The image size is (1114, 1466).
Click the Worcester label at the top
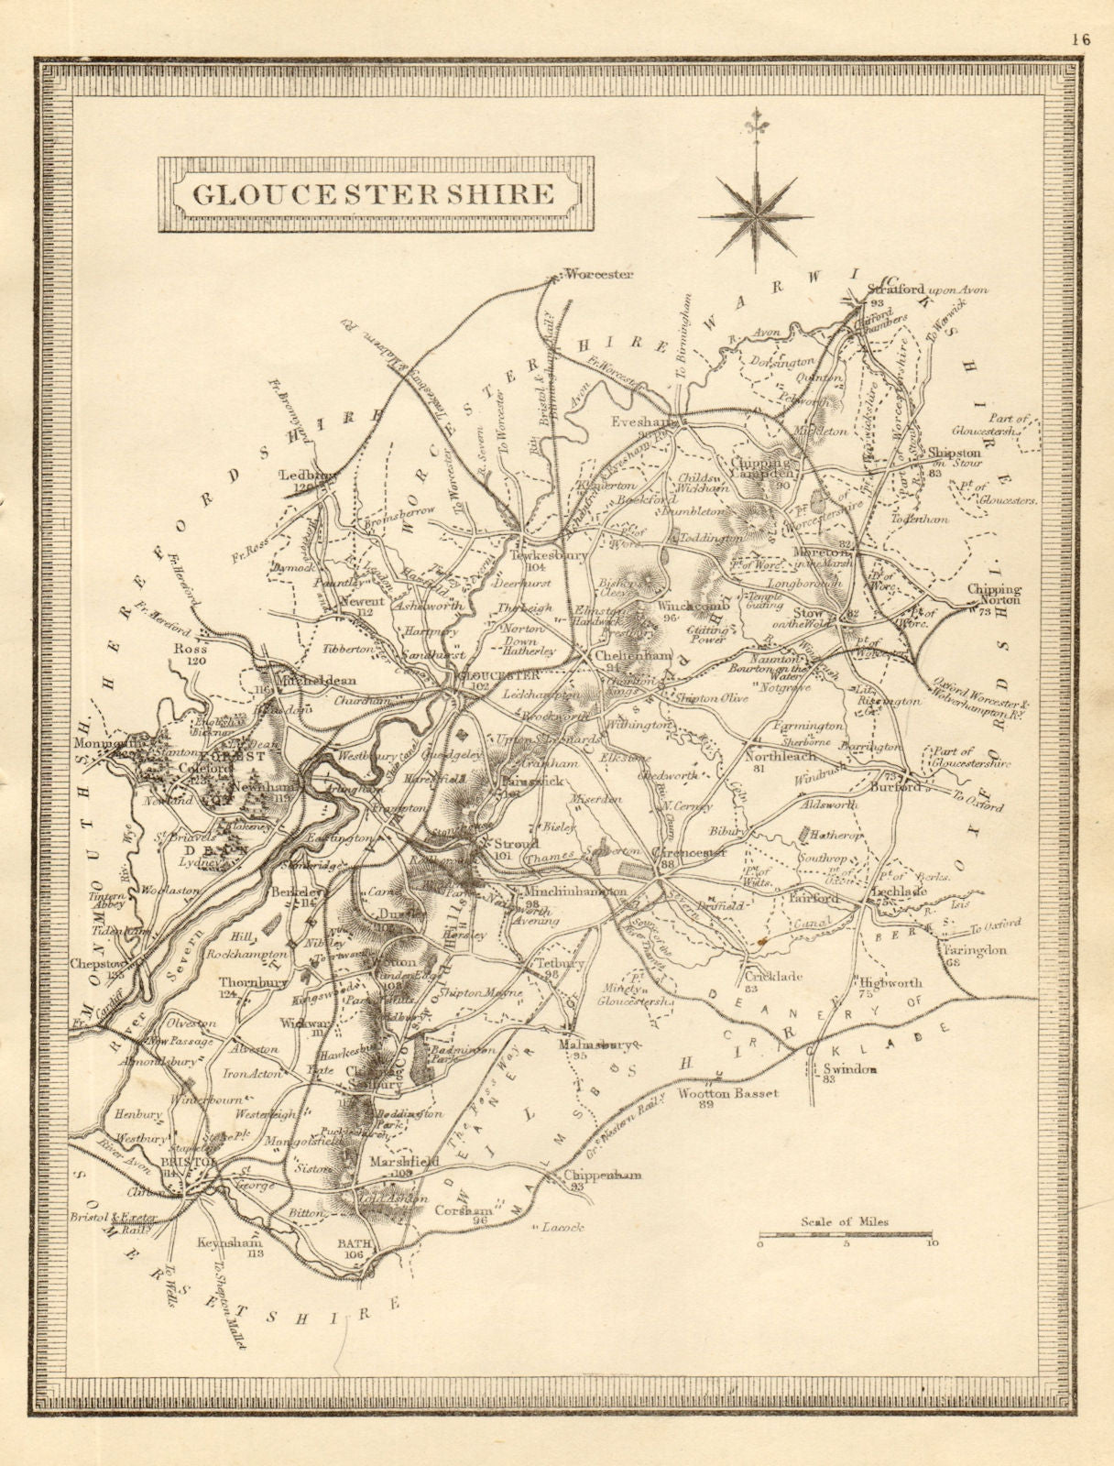(x=599, y=273)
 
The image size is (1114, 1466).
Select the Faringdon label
(x=974, y=950)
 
